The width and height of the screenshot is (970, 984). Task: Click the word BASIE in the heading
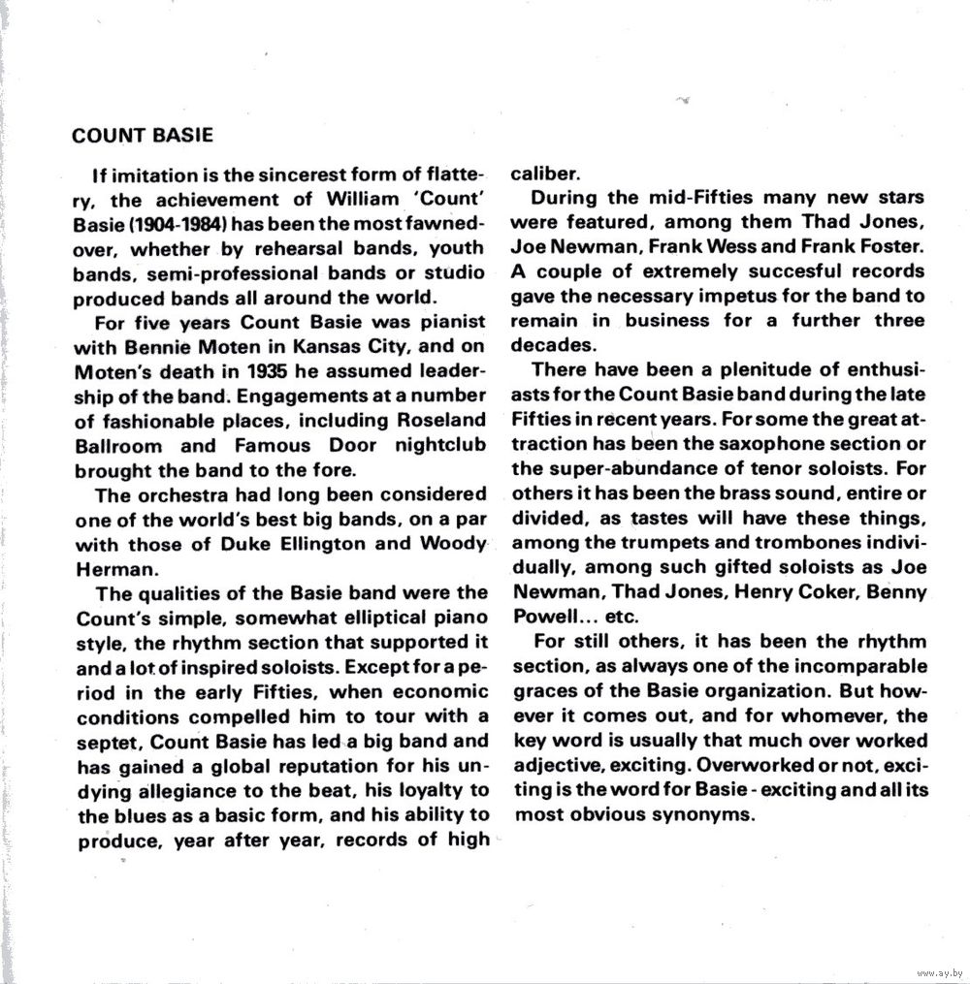(x=178, y=135)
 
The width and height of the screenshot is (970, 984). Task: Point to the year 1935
(x=268, y=371)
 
